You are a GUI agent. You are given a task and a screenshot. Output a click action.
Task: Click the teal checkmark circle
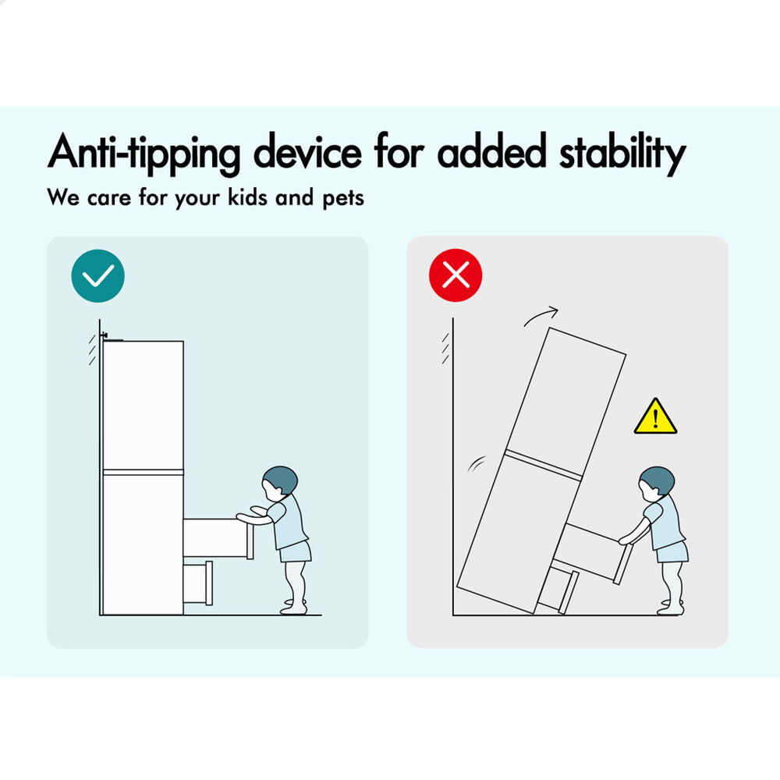(98, 275)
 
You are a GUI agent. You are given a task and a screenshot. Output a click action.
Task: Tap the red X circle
(456, 275)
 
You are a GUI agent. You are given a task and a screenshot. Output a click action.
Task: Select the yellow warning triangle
(656, 417)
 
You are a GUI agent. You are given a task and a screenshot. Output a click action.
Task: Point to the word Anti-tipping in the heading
(144, 153)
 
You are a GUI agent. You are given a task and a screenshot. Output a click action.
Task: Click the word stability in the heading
(622, 153)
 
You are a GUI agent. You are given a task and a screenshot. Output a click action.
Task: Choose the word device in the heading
(307, 152)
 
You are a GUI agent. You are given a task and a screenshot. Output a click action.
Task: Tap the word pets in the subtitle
(343, 198)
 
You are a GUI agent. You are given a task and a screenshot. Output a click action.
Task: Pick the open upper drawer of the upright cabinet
(218, 538)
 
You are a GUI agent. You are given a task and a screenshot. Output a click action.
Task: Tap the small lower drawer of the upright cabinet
(198, 583)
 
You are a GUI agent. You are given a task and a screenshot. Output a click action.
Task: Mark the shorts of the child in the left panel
(296, 551)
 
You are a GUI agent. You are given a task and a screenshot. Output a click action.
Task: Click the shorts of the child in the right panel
(672, 551)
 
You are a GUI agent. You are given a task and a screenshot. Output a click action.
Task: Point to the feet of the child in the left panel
(294, 607)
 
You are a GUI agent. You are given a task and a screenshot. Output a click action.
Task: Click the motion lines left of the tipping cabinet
(476, 464)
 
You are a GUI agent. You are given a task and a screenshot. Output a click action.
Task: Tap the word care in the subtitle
(109, 199)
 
